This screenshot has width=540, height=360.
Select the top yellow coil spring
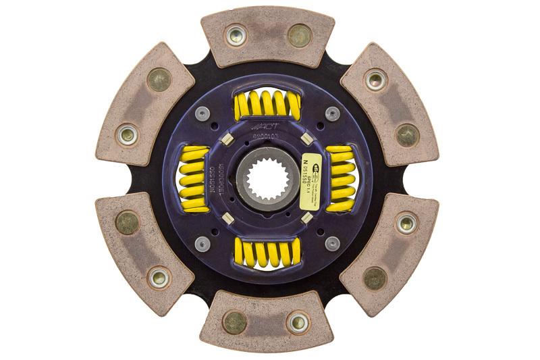[x=267, y=105]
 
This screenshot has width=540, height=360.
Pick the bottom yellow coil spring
[x=267, y=253]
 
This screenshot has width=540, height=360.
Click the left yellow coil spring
[x=193, y=179]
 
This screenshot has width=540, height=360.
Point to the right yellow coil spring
[x=340, y=179]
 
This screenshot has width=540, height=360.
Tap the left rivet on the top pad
[x=236, y=35]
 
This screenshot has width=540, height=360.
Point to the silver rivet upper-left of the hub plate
[x=201, y=113]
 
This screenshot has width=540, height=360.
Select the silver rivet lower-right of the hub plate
[x=331, y=243]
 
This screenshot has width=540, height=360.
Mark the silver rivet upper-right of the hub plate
[x=332, y=113]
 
